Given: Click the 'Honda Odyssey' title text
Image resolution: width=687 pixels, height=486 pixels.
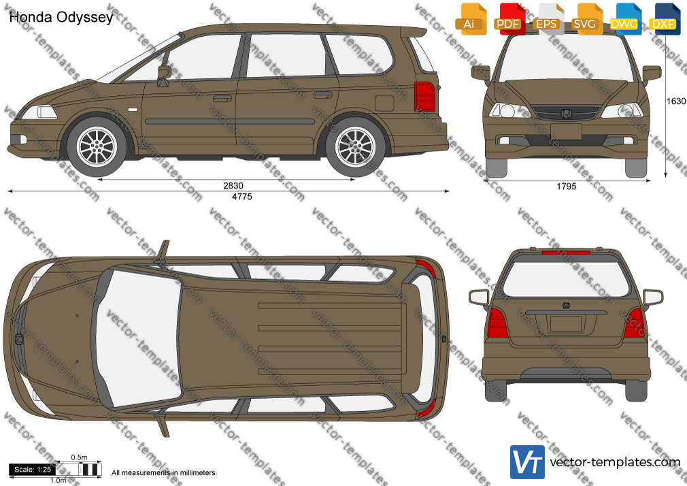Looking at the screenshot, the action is click(61, 18).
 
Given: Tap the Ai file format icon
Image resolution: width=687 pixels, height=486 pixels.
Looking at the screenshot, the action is click(471, 19).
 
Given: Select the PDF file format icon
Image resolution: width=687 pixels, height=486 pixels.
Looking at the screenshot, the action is click(509, 19).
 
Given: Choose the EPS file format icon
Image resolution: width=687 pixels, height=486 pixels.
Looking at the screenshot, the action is click(548, 19).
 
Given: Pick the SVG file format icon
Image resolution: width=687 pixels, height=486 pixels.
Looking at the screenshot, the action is click(586, 19).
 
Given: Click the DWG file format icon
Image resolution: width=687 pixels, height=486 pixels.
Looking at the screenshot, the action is click(624, 19).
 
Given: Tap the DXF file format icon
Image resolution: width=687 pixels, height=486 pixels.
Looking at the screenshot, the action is click(663, 19).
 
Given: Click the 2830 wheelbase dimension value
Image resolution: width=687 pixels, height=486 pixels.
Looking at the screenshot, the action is click(233, 186).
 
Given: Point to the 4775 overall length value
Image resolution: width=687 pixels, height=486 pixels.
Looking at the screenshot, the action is click(242, 197).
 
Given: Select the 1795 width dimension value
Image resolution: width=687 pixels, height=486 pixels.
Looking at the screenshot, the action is click(567, 187).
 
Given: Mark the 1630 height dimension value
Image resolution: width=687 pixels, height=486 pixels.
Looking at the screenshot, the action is click(675, 101).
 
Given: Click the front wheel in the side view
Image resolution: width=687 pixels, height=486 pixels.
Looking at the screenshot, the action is click(97, 146).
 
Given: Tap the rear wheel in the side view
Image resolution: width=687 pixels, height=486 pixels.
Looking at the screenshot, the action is click(355, 146).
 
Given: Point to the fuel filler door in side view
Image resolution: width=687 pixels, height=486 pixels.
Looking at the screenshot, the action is click(384, 103).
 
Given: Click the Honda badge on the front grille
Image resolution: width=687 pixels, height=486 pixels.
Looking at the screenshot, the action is click(566, 114).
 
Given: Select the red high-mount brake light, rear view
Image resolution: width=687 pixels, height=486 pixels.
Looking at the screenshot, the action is click(566, 253).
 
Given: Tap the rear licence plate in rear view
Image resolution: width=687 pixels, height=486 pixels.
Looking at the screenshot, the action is click(566, 324).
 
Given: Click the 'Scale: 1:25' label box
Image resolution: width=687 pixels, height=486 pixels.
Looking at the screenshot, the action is click(33, 470).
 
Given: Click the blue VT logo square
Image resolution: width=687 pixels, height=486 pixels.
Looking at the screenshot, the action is click(528, 462).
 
